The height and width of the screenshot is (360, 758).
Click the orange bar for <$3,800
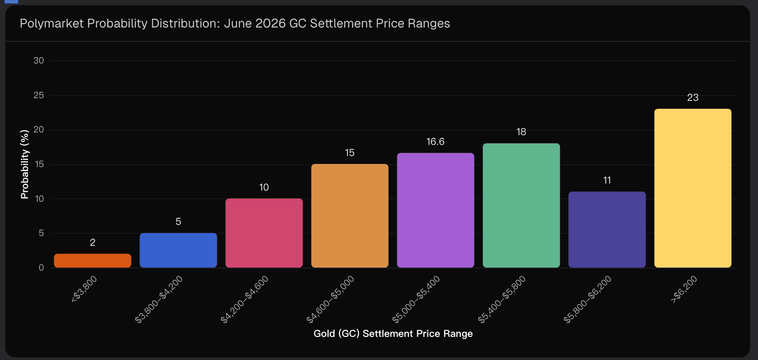coord(92,261)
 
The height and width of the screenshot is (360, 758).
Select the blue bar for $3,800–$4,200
coord(178,250)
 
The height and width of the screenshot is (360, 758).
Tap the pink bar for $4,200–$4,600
coord(264,233)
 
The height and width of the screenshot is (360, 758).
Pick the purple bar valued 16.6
coord(435,210)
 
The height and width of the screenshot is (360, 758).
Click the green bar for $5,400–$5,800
coord(521,205)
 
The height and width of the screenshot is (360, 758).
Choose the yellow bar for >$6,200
coord(693,188)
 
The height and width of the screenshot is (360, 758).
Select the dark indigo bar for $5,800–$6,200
coord(607,229)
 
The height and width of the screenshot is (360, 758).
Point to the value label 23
coord(693,98)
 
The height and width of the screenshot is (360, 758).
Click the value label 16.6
coord(435,142)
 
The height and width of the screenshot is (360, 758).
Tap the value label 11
coord(607,180)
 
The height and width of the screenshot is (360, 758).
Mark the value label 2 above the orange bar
coord(92,243)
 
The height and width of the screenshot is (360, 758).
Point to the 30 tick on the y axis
coord(39,61)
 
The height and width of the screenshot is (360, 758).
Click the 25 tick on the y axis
coord(39,96)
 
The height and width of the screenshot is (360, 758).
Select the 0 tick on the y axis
coord(41,268)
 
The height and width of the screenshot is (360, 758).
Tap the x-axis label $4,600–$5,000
coord(331,299)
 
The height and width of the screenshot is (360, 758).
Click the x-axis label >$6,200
coord(684,289)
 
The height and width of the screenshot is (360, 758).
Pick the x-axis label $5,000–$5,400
coord(416,299)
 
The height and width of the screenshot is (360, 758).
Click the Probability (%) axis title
coord(24,164)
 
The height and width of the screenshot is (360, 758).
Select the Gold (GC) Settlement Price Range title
coord(393,334)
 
